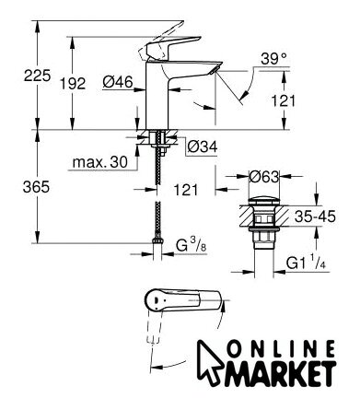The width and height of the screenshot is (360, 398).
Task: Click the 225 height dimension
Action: click(x=37, y=76)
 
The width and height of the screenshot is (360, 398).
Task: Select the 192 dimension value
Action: click(x=73, y=84)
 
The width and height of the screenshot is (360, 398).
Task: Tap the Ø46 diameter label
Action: click(x=118, y=82)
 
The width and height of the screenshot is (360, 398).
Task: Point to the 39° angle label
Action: click(x=273, y=58)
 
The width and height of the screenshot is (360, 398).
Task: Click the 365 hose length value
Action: click(x=36, y=187)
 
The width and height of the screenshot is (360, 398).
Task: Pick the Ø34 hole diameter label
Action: click(x=203, y=146)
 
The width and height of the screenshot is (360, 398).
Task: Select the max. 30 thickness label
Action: click(x=99, y=162)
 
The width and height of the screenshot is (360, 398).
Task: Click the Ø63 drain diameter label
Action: click(x=263, y=177)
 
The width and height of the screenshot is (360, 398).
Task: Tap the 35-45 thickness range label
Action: click(x=315, y=217)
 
